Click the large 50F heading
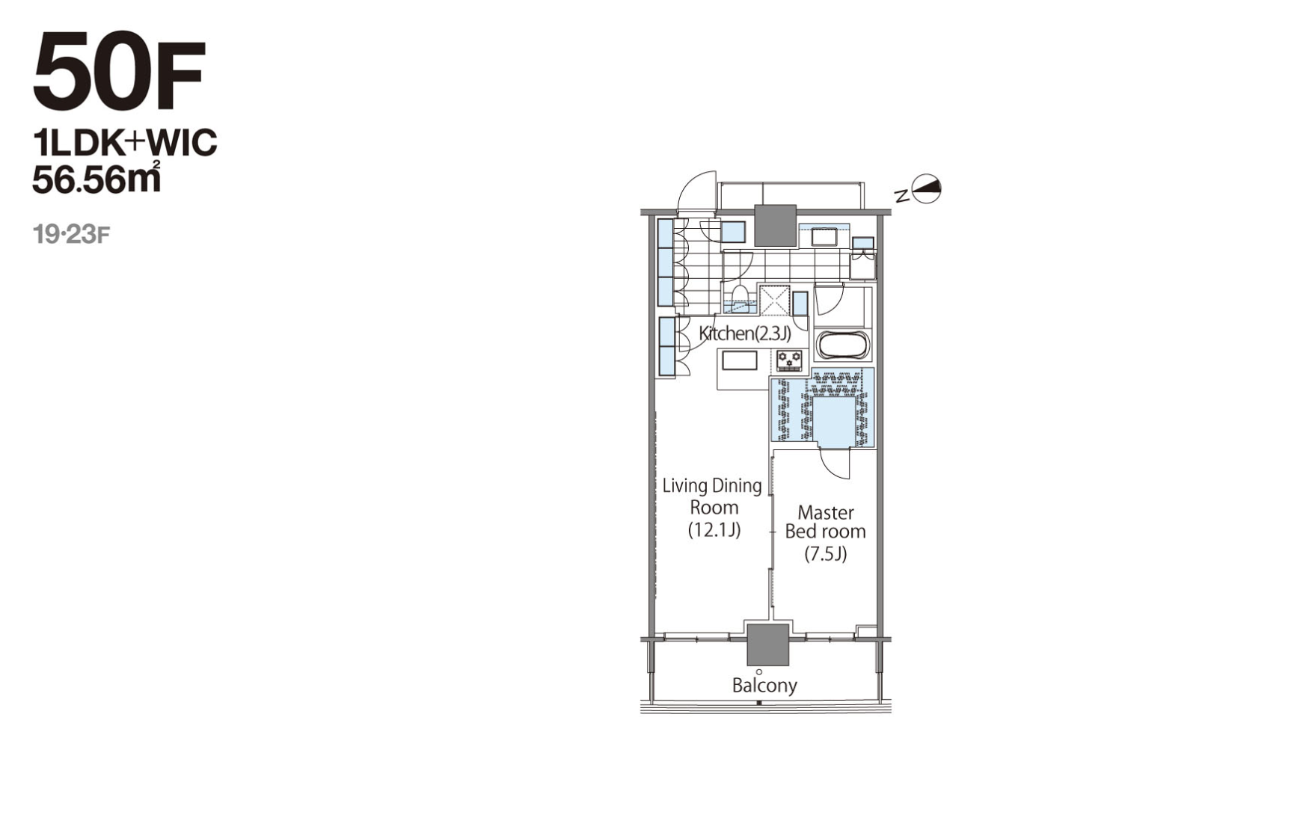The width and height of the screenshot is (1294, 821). [x=119, y=72]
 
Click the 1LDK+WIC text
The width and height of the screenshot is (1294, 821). [x=124, y=142]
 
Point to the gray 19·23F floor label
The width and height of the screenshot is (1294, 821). [x=72, y=235]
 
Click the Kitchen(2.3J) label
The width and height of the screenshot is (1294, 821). [x=744, y=333]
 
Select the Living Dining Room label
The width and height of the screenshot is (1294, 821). [x=713, y=508]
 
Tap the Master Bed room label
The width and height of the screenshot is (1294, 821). [x=825, y=532]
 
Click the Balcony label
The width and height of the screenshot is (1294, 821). [x=764, y=685]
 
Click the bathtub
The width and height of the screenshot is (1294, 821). [x=844, y=345]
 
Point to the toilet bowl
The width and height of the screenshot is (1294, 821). [x=740, y=295]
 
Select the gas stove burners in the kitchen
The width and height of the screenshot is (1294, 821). [x=789, y=360]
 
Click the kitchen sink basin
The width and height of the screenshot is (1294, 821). [x=739, y=360]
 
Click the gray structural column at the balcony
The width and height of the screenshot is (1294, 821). [x=768, y=645]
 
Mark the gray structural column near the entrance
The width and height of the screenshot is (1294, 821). [x=775, y=225]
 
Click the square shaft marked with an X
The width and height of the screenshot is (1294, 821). [x=775, y=300]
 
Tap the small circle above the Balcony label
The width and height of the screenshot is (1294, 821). [x=759, y=671]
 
